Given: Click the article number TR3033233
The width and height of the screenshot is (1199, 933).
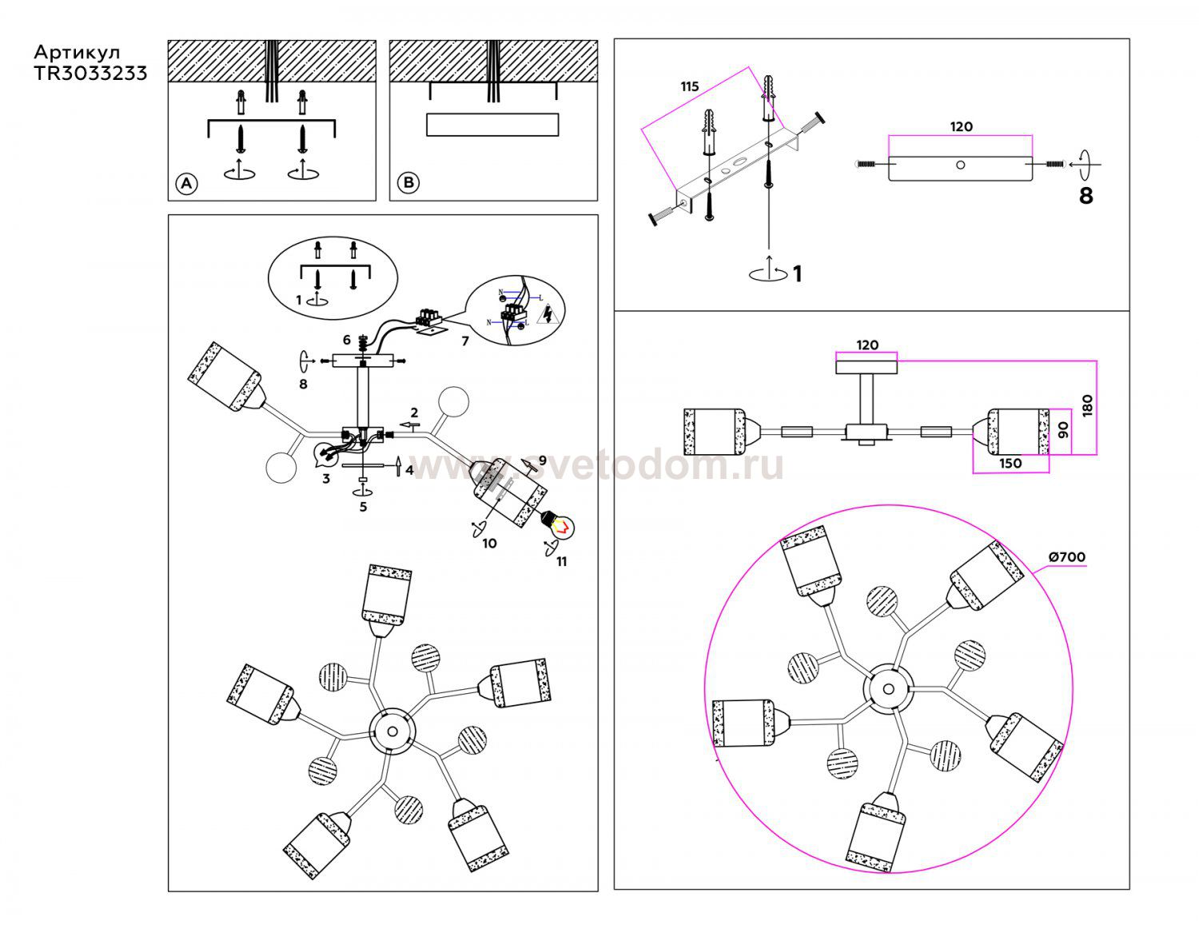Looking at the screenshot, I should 90,73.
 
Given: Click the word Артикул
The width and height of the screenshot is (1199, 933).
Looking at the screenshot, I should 77,53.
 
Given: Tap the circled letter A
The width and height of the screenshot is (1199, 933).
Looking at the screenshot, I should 185,184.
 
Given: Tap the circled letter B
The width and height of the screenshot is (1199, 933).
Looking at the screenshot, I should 408,183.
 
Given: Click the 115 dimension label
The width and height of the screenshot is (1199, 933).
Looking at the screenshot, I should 689,86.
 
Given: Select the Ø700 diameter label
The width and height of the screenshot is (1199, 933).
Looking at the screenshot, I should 1066,557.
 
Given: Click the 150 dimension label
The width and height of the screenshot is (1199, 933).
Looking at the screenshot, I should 1010,463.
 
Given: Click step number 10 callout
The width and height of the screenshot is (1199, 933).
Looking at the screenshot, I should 489,544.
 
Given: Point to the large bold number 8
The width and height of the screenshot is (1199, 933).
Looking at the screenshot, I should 1085,195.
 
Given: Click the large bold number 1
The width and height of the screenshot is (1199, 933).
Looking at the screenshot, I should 796,274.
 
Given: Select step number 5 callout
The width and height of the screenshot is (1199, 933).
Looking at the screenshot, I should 363,506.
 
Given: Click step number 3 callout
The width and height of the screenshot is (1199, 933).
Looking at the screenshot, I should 325,479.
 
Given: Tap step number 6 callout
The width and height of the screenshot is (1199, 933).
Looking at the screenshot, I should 346,340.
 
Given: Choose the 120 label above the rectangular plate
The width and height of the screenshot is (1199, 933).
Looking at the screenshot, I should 961,126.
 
